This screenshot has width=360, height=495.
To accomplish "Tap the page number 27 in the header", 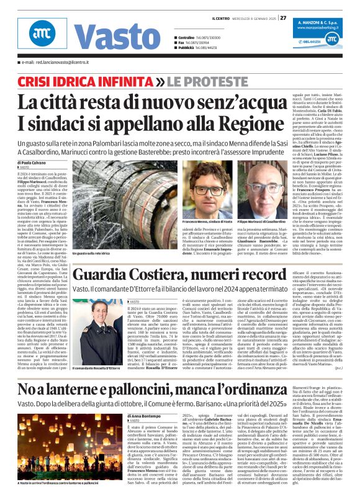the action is click(283, 17).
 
